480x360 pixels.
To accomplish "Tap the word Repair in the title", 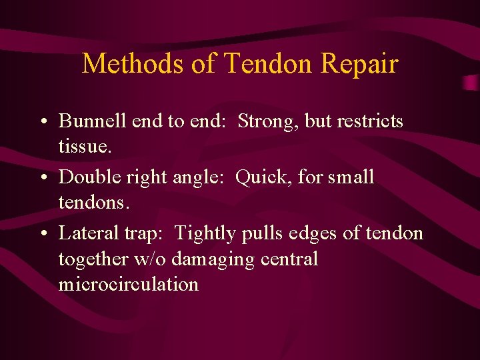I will [x=359, y=64].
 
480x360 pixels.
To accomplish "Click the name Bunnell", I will [x=86, y=121].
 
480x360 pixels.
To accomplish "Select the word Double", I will [x=84, y=177].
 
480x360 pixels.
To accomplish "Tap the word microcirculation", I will [x=129, y=285].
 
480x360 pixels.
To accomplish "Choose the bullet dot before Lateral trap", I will [x=43, y=234].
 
